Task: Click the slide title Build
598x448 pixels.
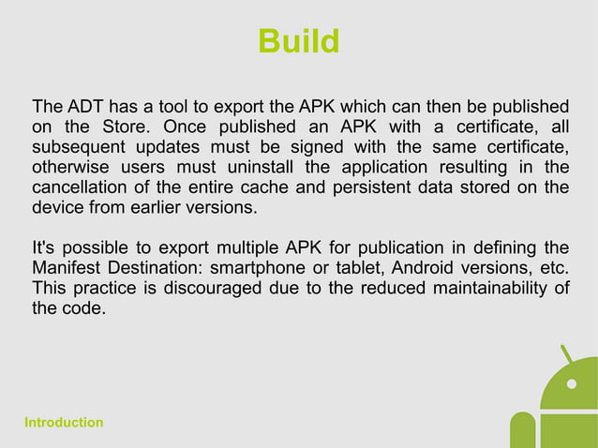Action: click(x=298, y=42)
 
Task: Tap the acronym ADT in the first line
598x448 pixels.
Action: click(x=84, y=104)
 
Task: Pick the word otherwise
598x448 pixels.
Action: click(x=71, y=168)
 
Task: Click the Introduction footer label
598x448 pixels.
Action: click(x=64, y=423)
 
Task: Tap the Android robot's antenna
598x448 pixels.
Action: click(x=566, y=356)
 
